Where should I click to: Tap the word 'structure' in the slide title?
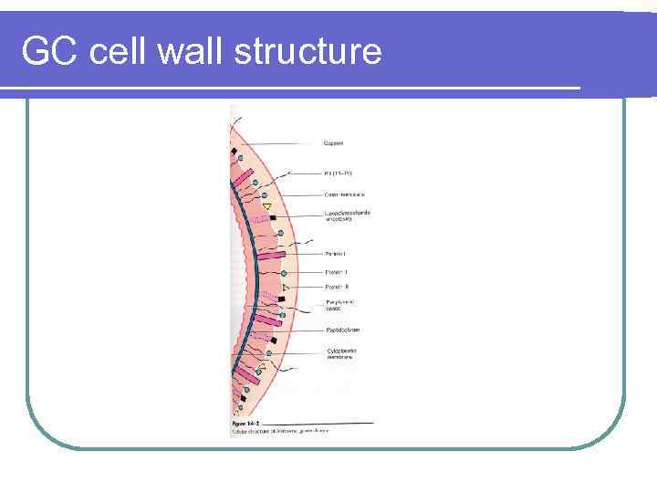coord(308,51)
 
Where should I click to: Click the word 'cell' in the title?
coord(120,51)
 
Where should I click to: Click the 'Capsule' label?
coord(334,142)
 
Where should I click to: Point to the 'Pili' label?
coord(338,173)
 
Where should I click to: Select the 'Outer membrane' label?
coord(344,194)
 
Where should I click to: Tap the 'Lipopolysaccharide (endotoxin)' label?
coord(348,215)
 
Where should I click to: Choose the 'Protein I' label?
coord(335,253)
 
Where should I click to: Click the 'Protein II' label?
coord(336,272)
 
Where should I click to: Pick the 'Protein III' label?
coord(336,287)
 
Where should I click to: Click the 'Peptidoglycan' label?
coord(342,330)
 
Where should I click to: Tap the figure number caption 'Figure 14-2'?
coord(246,424)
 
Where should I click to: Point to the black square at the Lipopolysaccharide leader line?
coord(273,218)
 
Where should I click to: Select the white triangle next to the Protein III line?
coord(286,288)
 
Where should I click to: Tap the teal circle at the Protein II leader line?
coord(285,273)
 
